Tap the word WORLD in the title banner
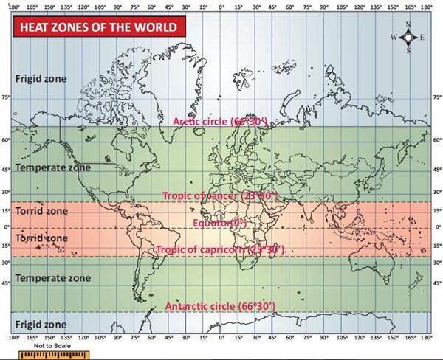click(x=156, y=27)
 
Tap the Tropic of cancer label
click(x=219, y=196)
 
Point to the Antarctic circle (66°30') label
click(x=221, y=305)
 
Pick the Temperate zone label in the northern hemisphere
click(x=53, y=167)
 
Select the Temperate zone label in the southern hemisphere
click(x=53, y=278)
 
